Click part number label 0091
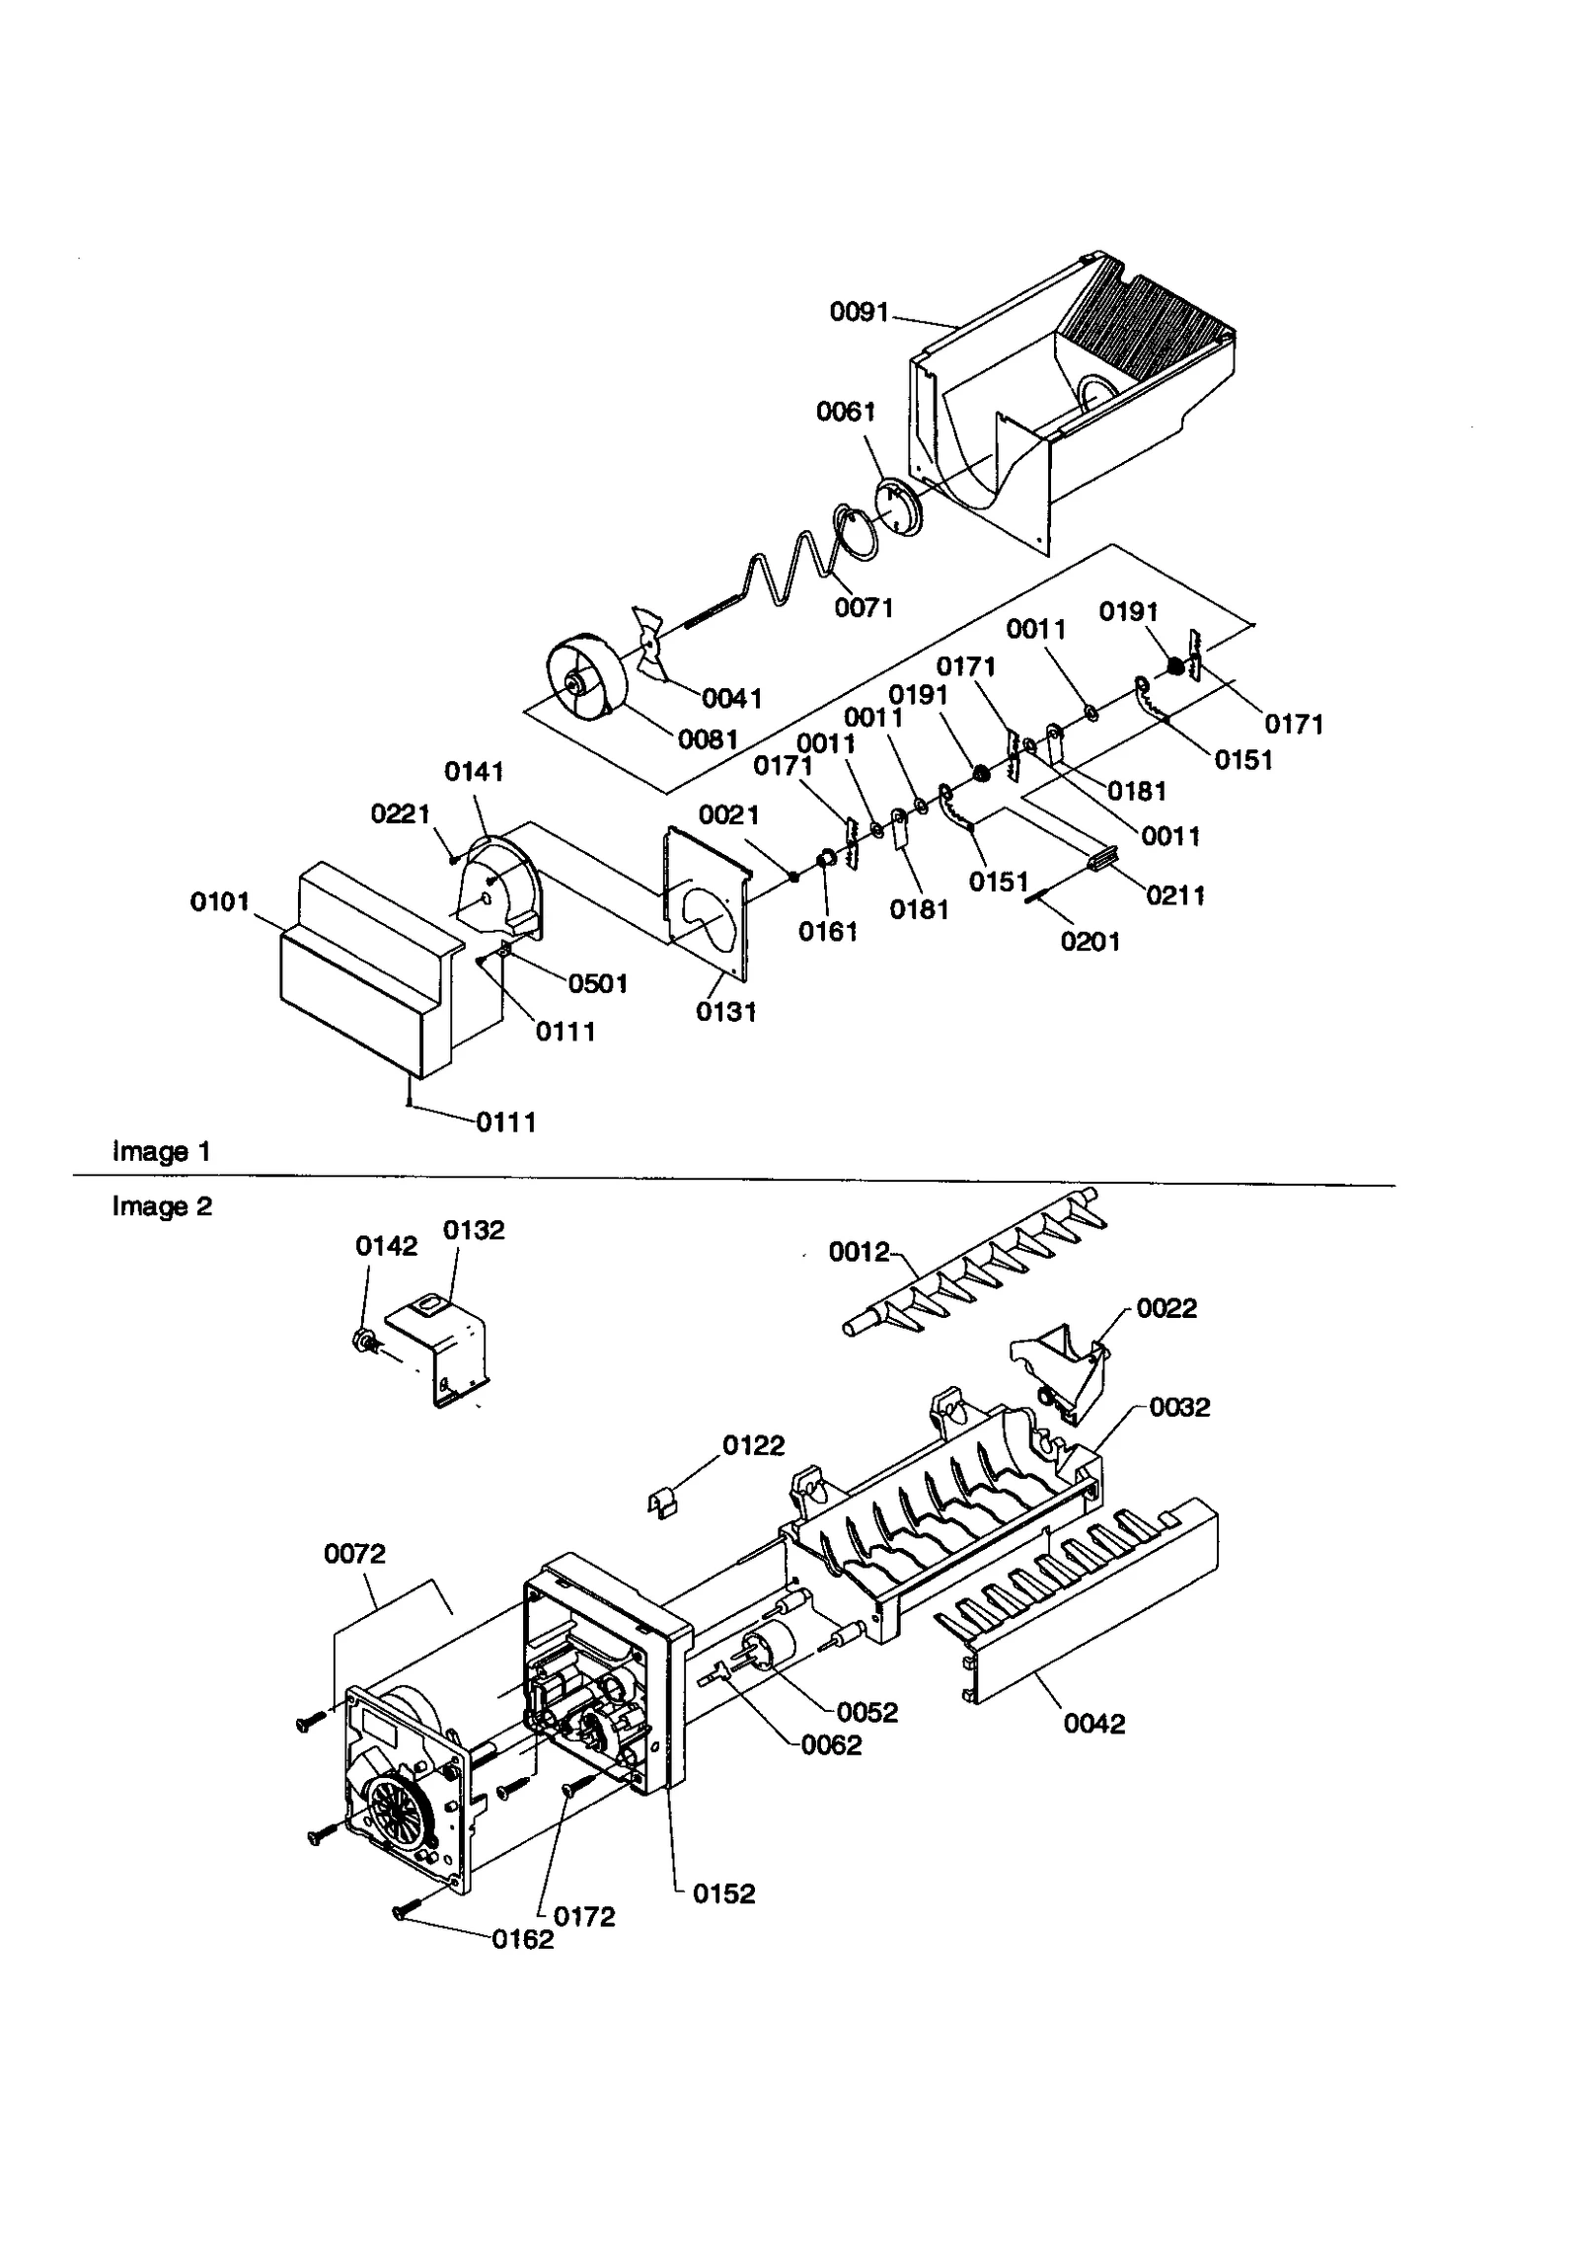859,312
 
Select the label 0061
846,412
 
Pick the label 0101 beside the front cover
219,901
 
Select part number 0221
400,813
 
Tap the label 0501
598,983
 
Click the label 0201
1090,941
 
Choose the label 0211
1175,895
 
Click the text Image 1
162,1151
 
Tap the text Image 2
162,1206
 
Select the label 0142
386,1246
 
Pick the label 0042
1094,1724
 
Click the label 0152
723,1893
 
